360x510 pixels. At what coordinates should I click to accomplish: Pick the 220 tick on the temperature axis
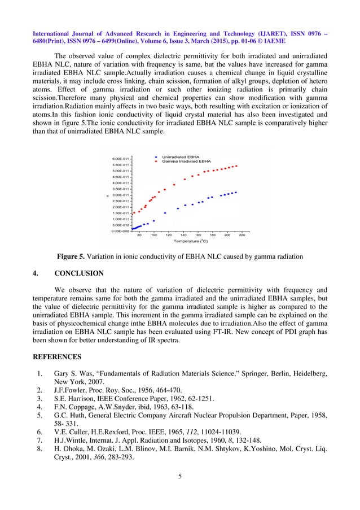[242, 236]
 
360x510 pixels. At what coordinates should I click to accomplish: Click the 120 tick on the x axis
[168, 236]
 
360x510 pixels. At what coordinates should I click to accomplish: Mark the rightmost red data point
[236, 166]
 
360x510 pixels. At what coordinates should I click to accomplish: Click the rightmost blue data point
[235, 192]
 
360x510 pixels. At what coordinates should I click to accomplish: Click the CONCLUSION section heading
[79, 273]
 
